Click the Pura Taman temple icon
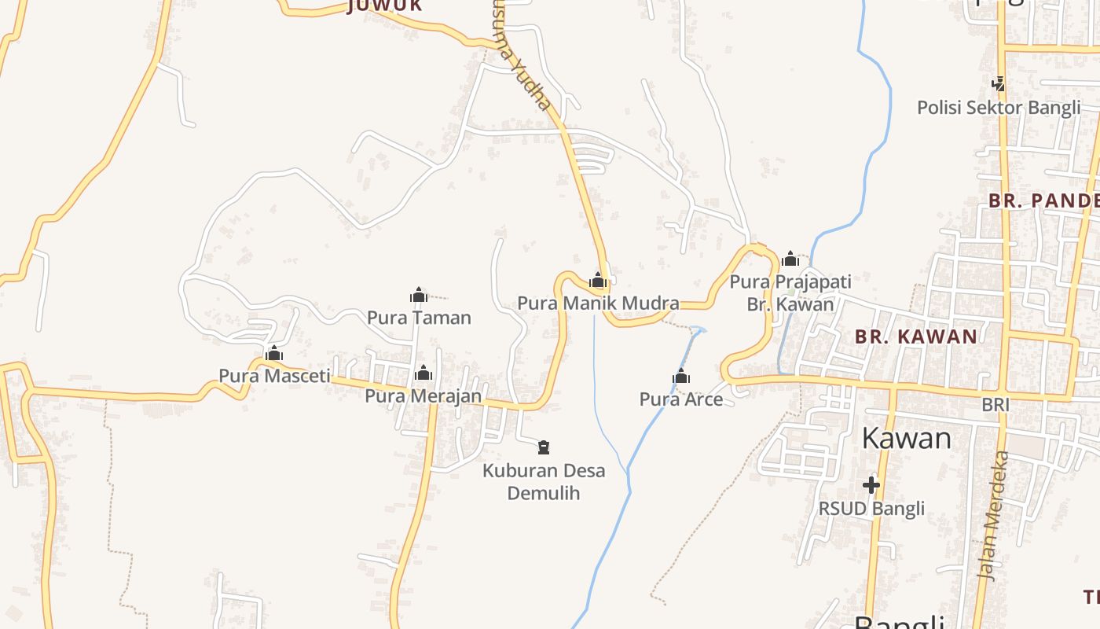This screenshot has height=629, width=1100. pyautogui.click(x=419, y=296)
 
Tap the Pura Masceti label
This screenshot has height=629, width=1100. pyautogui.click(x=274, y=376)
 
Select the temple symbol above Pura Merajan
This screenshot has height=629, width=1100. pyautogui.click(x=423, y=373)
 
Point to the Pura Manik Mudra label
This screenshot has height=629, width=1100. pyautogui.click(x=598, y=303)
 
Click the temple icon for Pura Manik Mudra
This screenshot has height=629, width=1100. pyautogui.click(x=598, y=280)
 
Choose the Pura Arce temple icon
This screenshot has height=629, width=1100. pyautogui.click(x=681, y=377)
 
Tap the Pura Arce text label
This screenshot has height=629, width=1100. pyautogui.click(x=681, y=399)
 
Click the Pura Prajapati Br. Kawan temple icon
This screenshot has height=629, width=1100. pyautogui.click(x=790, y=259)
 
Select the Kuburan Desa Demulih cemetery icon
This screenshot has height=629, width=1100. pyautogui.click(x=543, y=448)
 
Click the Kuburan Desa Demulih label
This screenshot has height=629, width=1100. pyautogui.click(x=544, y=482)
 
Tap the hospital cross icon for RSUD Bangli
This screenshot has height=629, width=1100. pyautogui.click(x=871, y=485)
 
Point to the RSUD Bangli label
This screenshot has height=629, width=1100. pyautogui.click(x=871, y=509)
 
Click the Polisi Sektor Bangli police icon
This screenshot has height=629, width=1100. pyautogui.click(x=999, y=83)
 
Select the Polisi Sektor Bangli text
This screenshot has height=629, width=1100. pyautogui.click(x=999, y=108)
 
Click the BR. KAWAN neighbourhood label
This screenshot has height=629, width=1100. pyautogui.click(x=916, y=337)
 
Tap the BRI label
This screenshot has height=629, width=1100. pyautogui.click(x=995, y=405)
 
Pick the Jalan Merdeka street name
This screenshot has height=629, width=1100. pyautogui.click(x=992, y=515)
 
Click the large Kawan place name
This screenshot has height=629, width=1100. pyautogui.click(x=906, y=438)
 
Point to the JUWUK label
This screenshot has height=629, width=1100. pyautogui.click(x=385, y=6)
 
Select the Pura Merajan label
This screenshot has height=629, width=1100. pyautogui.click(x=423, y=395)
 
